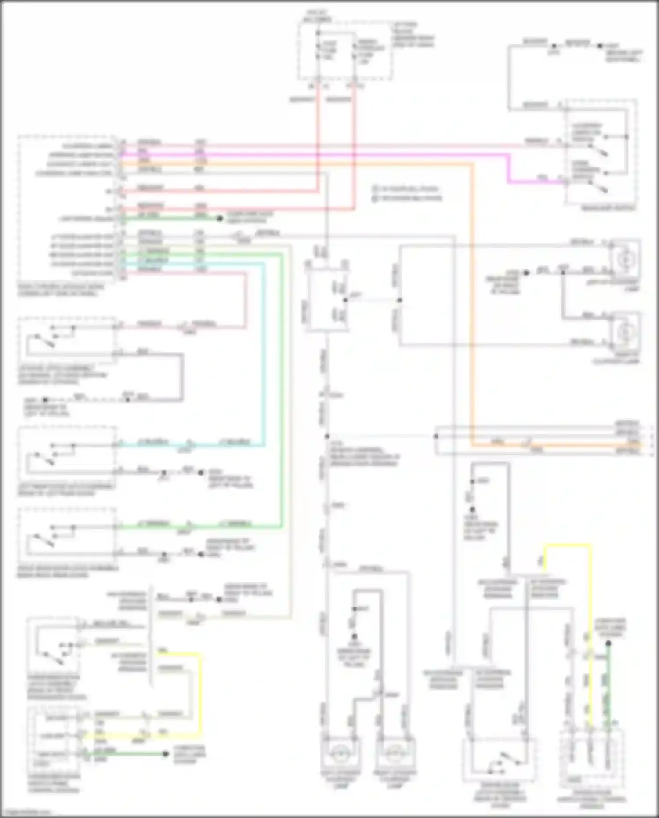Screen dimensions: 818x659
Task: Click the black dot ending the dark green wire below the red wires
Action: pyautogui.click(x=220, y=218)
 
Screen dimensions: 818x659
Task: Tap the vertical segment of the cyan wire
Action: pyautogui.click(x=264, y=352)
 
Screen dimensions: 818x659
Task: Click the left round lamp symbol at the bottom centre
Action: pyautogui.click(x=341, y=754)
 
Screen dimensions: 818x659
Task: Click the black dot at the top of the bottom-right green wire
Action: pyautogui.click(x=608, y=643)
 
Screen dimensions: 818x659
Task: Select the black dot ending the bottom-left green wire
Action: pyautogui.click(x=166, y=754)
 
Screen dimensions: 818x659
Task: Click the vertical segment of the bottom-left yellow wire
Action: pyautogui.click(x=201, y=694)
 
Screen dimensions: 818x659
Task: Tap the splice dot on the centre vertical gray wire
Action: pyautogui.click(x=327, y=436)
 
